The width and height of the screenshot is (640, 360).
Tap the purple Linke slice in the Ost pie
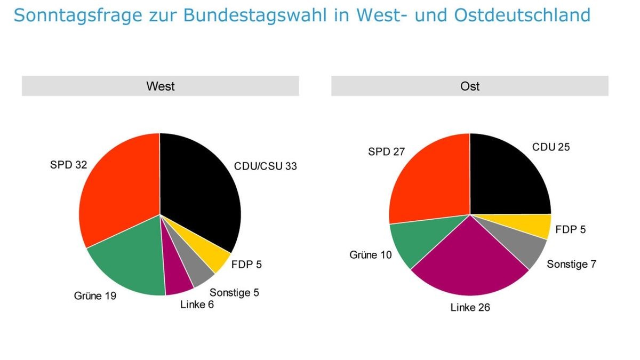[469, 261]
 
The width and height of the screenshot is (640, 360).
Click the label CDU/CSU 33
[265, 166]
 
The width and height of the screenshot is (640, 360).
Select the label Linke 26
[470, 308]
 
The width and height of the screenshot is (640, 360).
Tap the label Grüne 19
[95, 295]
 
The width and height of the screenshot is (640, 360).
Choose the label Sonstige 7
[571, 264]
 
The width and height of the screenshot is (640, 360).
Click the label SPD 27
[387, 152]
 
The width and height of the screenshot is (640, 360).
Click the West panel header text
[160, 86]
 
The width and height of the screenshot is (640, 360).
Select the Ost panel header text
[469, 86]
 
